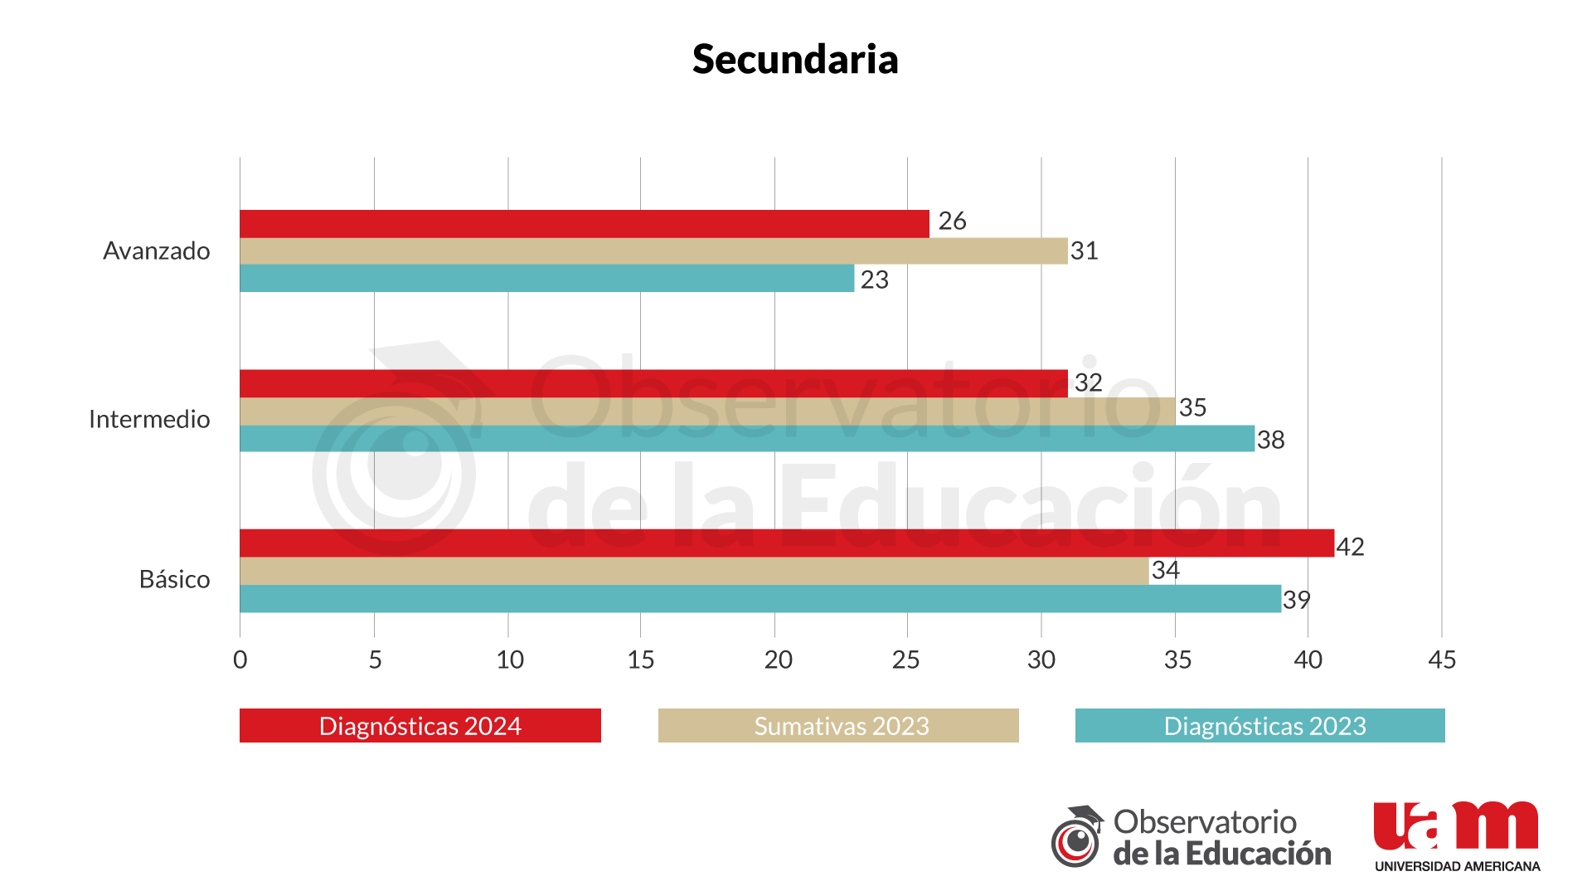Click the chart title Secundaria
coord(795,60)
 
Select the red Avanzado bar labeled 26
coord(585,224)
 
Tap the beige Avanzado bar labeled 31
coord(653,251)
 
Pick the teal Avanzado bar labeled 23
coord(547,279)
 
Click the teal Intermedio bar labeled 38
coord(746,439)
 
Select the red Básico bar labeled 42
coord(786,543)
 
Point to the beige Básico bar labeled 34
coord(694,571)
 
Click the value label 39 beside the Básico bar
coord(1296,600)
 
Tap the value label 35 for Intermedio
coord(1192,407)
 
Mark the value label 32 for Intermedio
coord(1088,382)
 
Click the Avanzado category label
coord(156,251)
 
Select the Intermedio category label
coord(149,419)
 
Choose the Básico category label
coord(174,579)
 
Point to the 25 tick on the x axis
coord(905,660)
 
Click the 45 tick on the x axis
coord(1442,660)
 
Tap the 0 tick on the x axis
coord(240,660)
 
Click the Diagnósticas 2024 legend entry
coord(420,726)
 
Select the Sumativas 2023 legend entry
coord(838,726)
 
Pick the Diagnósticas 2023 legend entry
coord(1260,726)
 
